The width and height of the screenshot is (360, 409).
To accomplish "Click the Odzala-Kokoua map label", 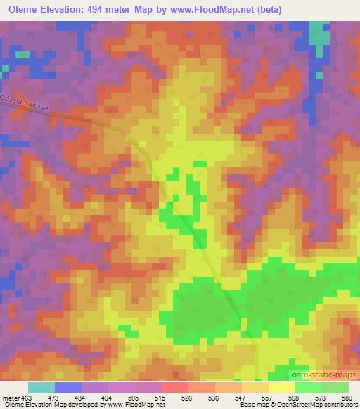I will tap(24, 103).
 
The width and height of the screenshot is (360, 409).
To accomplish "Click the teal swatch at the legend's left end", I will tap(41, 387).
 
